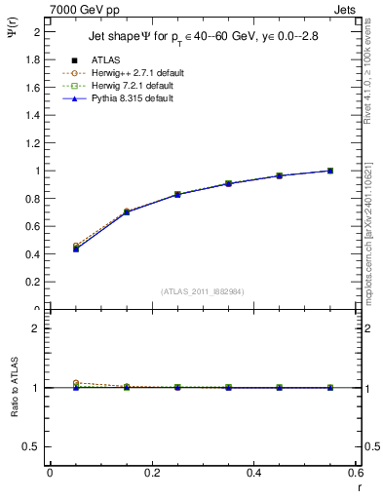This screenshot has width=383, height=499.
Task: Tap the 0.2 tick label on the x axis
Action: [151, 473]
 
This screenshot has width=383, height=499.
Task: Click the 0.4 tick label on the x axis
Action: [253, 473]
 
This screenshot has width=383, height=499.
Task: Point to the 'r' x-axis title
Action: [356, 484]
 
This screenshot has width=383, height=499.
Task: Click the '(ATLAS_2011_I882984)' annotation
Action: [203, 290]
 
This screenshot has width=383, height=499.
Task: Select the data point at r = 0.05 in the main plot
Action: [76, 249]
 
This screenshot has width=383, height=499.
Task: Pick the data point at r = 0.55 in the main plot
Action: [330, 171]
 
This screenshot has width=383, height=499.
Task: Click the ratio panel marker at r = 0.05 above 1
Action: [76, 383]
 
